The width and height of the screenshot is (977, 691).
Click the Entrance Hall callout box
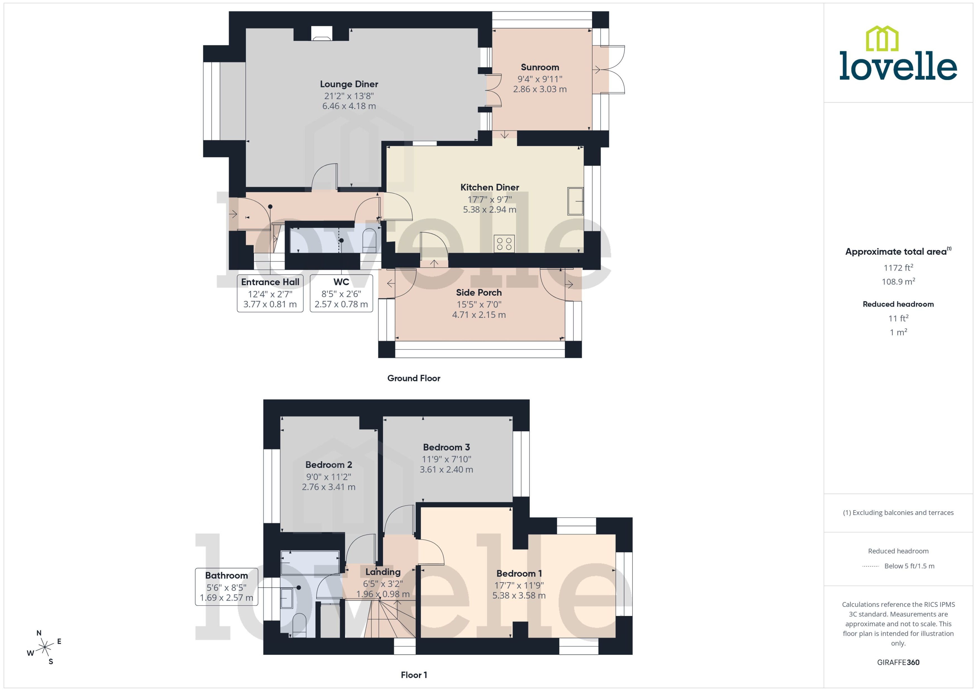[270, 293]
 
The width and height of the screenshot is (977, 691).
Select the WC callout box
[341, 293]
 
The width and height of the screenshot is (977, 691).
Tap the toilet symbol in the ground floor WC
[369, 239]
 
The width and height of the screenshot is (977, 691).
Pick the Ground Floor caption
[413, 378]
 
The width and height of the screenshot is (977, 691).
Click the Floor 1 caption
[413, 675]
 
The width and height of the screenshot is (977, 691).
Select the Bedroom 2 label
[328, 465]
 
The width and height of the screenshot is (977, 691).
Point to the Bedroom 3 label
[446, 447]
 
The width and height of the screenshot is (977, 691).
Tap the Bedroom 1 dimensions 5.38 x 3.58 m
[519, 596]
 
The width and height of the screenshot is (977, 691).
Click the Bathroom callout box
[226, 586]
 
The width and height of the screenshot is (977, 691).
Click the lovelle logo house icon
[882, 39]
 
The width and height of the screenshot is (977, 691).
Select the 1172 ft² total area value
[898, 268]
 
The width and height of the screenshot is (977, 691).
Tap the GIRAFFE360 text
[898, 663]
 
